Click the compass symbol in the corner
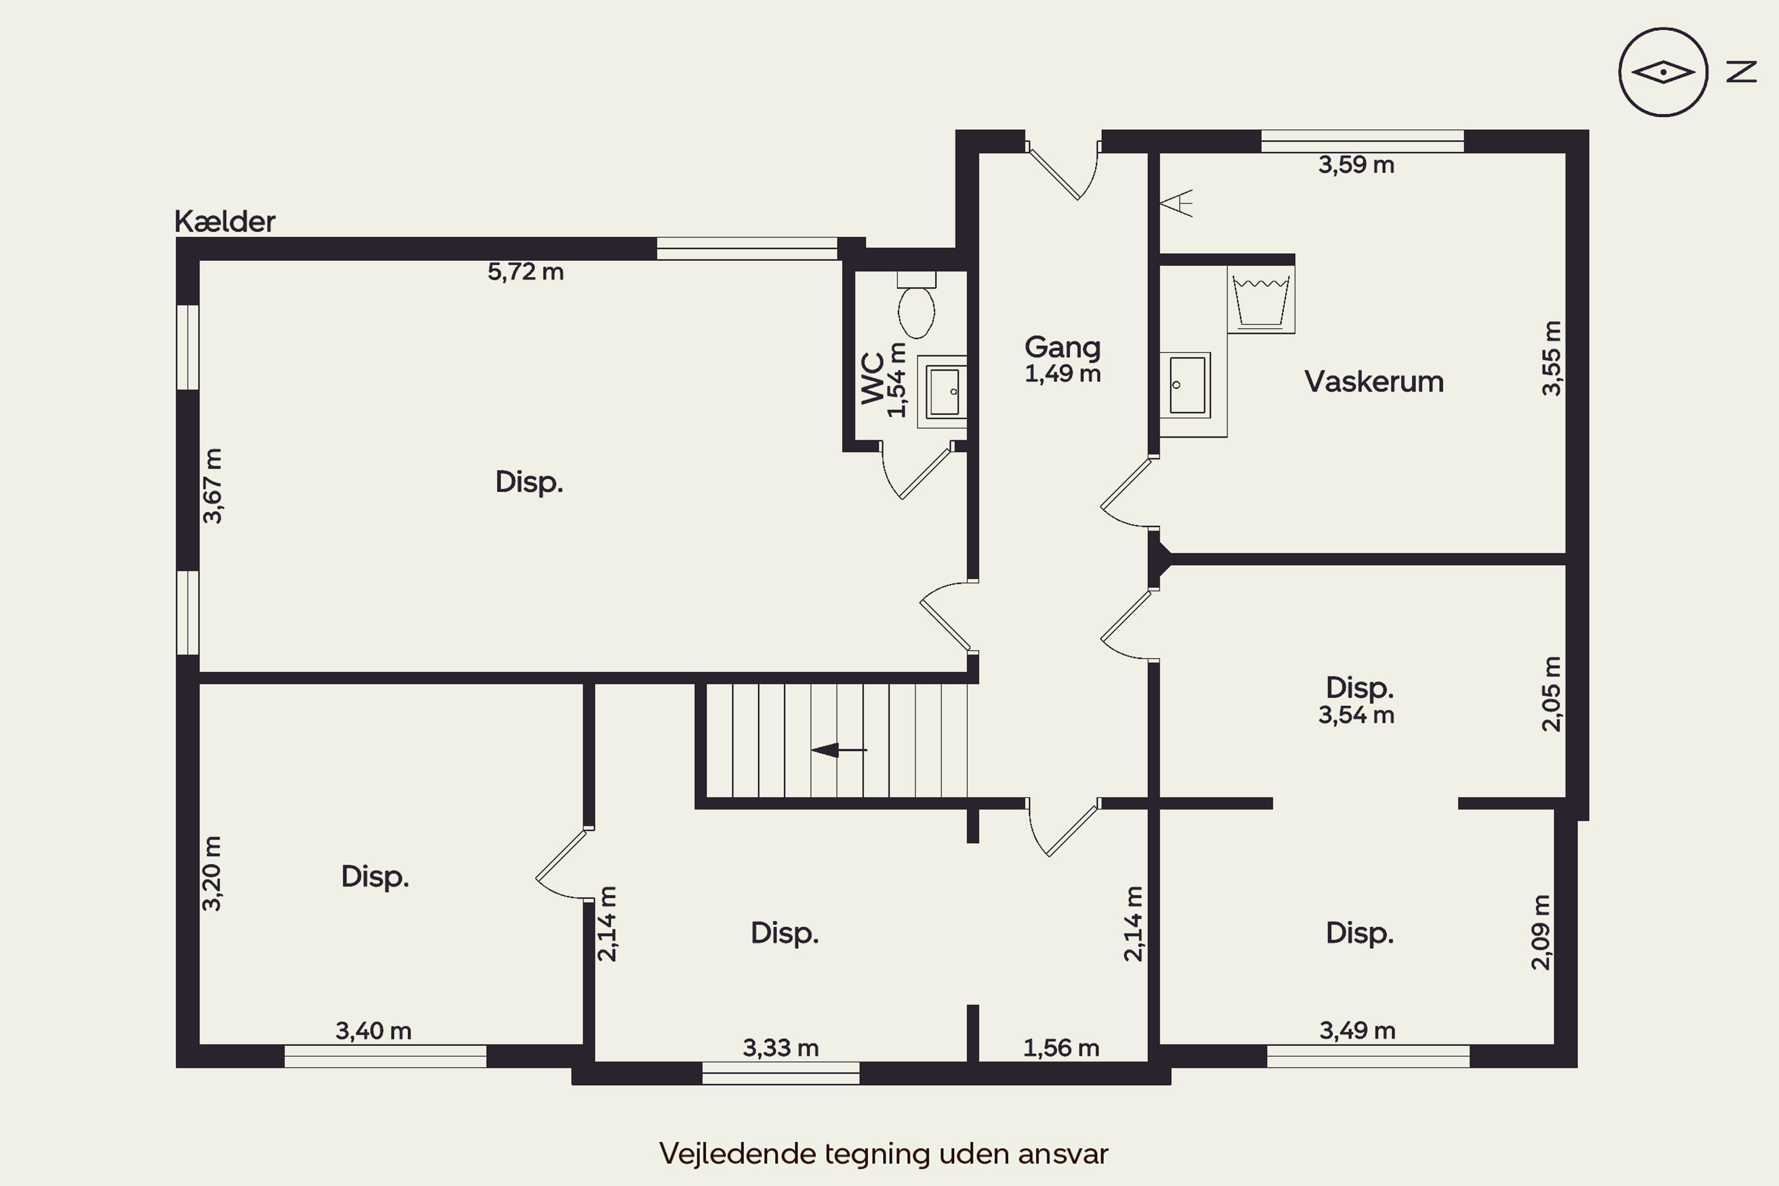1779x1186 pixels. point(1663,72)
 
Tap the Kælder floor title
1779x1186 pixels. point(225,222)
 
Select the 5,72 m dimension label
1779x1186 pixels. point(525,272)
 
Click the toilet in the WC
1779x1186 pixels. point(917,305)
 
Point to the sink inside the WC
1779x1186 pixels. point(943,392)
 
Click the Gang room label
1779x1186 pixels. point(1063,347)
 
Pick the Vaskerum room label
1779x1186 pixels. point(1373,381)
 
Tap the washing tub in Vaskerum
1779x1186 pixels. point(1261,300)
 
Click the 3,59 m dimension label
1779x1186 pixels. point(1356,165)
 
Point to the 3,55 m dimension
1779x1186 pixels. point(1551,358)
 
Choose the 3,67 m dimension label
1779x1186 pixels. point(212,486)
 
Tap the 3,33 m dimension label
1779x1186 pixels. point(780,1048)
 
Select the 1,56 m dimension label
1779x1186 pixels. point(1061,1048)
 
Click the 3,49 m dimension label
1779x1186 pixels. point(1358,1030)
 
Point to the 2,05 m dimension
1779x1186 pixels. point(1551,694)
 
